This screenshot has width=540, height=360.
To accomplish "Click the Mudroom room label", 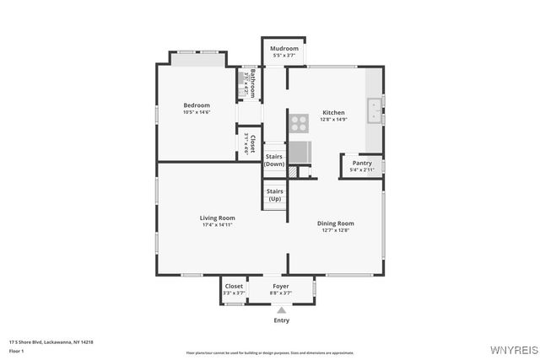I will click(x=284, y=48).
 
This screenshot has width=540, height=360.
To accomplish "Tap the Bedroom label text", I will click(x=197, y=105).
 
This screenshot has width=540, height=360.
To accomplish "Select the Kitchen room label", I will click(x=333, y=112).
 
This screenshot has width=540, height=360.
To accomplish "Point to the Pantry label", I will click(x=362, y=163).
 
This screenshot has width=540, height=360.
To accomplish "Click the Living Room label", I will click(x=217, y=218).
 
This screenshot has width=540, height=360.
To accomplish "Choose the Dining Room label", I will click(x=335, y=223).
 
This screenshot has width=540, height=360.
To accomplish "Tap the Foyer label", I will click(x=281, y=286).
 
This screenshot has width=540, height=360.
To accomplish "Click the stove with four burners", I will click(x=299, y=123).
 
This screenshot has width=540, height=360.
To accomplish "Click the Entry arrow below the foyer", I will click(x=281, y=309).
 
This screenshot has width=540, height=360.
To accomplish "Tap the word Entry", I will click(x=281, y=320).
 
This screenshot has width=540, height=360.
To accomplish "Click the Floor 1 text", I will click(x=17, y=350).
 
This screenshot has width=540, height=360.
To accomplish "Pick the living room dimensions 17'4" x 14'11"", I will click(x=217, y=224).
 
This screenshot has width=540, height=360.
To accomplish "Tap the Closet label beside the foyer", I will click(x=234, y=286).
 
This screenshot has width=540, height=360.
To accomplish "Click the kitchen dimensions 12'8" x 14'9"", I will click(x=333, y=119).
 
